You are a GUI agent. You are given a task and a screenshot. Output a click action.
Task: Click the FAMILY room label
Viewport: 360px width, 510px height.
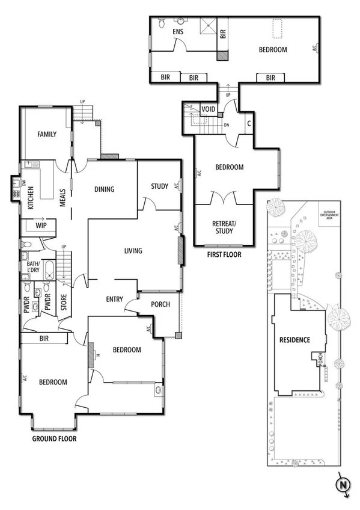(47, 134)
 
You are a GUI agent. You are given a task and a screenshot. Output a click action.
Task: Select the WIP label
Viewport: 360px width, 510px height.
(41, 226)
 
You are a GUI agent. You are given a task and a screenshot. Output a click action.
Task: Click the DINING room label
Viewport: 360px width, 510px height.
(105, 189)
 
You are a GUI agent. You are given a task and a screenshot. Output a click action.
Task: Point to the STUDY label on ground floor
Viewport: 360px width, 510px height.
(159, 186)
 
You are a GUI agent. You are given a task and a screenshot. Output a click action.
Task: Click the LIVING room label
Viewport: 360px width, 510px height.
(133, 251)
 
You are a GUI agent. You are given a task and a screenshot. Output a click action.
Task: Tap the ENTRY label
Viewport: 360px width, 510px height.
(114, 299)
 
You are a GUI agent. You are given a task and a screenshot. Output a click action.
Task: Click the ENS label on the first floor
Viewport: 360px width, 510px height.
(178, 32)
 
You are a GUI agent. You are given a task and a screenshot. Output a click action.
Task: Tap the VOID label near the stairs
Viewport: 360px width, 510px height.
(208, 109)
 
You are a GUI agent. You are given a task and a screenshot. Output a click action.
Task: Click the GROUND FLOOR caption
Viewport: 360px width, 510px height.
(54, 439)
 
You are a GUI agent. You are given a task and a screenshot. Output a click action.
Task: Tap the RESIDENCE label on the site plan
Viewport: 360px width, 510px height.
(294, 340)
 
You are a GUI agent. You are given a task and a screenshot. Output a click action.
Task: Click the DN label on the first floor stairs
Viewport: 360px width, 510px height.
(227, 125)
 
